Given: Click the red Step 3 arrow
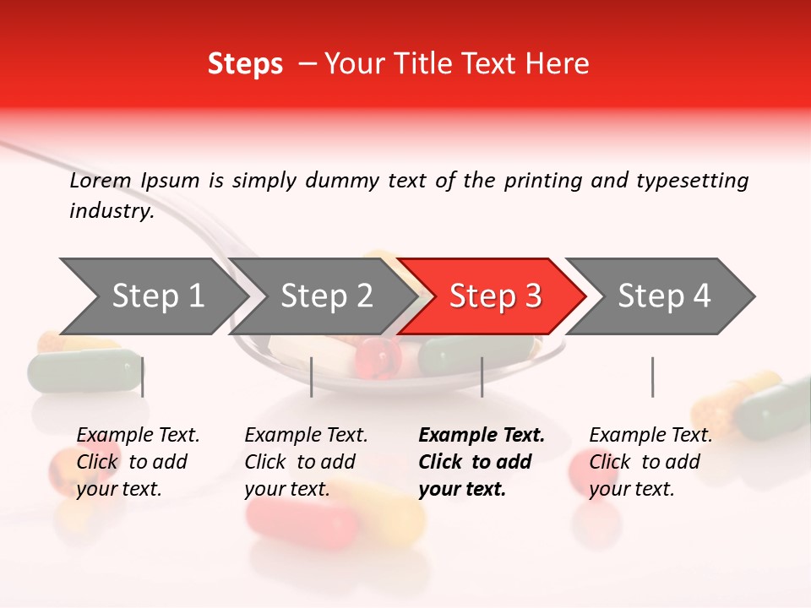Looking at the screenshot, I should (x=494, y=296).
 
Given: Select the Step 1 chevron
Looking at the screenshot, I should (x=157, y=296).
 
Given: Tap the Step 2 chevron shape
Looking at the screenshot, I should (x=326, y=296).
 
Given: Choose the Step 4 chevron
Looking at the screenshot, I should (x=663, y=296).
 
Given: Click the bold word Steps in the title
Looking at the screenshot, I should (x=245, y=64).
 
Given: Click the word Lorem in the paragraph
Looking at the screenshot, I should (x=100, y=181).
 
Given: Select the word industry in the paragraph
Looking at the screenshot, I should (x=111, y=211).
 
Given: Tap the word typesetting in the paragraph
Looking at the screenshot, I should (x=692, y=181).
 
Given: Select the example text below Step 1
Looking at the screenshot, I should (x=138, y=462).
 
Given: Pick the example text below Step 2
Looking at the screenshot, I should (x=306, y=462).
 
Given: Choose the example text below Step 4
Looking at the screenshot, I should (x=650, y=462).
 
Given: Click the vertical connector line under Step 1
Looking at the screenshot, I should (x=143, y=377).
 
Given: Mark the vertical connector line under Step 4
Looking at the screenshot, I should (x=652, y=377).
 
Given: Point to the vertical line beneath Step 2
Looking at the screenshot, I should (x=312, y=377).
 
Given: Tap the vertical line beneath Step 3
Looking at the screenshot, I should (x=482, y=377).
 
